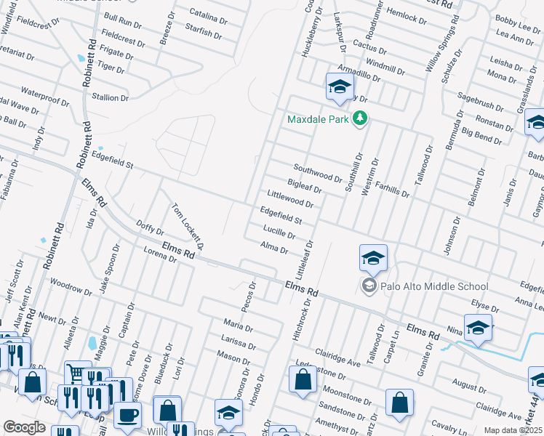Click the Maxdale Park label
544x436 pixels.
pos(318,118)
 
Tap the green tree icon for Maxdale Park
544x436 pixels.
pos(359,118)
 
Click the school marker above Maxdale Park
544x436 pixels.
pos(339,87)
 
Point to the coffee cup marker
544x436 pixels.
pos(127,416)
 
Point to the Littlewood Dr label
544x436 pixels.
pos(289,197)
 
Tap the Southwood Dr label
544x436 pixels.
pos(318,173)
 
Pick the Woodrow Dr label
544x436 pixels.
pos(71,289)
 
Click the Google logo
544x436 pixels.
pos(25,427)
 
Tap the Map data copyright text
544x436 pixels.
pos(513,430)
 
